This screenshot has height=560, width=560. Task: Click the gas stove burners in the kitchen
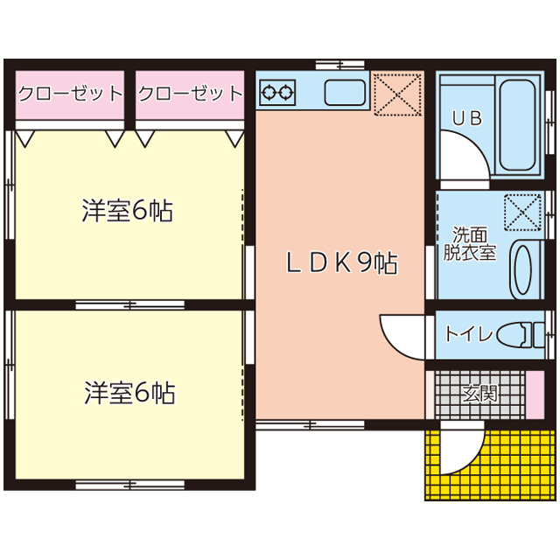pos(277,93)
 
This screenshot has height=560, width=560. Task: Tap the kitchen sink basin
pos(345,93)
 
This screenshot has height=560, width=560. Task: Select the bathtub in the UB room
pos(517,125)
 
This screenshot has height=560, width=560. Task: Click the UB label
pos(467,118)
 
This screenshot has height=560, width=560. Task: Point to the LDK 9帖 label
pos(341,263)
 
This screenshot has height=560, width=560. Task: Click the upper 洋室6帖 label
pos(128,210)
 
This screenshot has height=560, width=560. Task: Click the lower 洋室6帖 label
pos(129,393)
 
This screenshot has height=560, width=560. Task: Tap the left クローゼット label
pos(70,94)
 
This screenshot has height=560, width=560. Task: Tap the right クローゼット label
pos(191,94)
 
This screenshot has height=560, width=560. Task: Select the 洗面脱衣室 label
pos(470,243)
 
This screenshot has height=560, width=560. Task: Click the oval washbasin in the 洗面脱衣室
pos(522,270)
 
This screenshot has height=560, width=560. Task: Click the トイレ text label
pos(468,334)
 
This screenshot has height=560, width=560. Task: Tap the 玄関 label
pos(480,394)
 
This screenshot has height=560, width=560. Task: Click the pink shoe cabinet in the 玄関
pos(535,395)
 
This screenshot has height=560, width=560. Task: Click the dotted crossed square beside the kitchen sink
pos(397,94)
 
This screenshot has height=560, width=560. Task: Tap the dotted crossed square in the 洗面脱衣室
pos(522,212)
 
